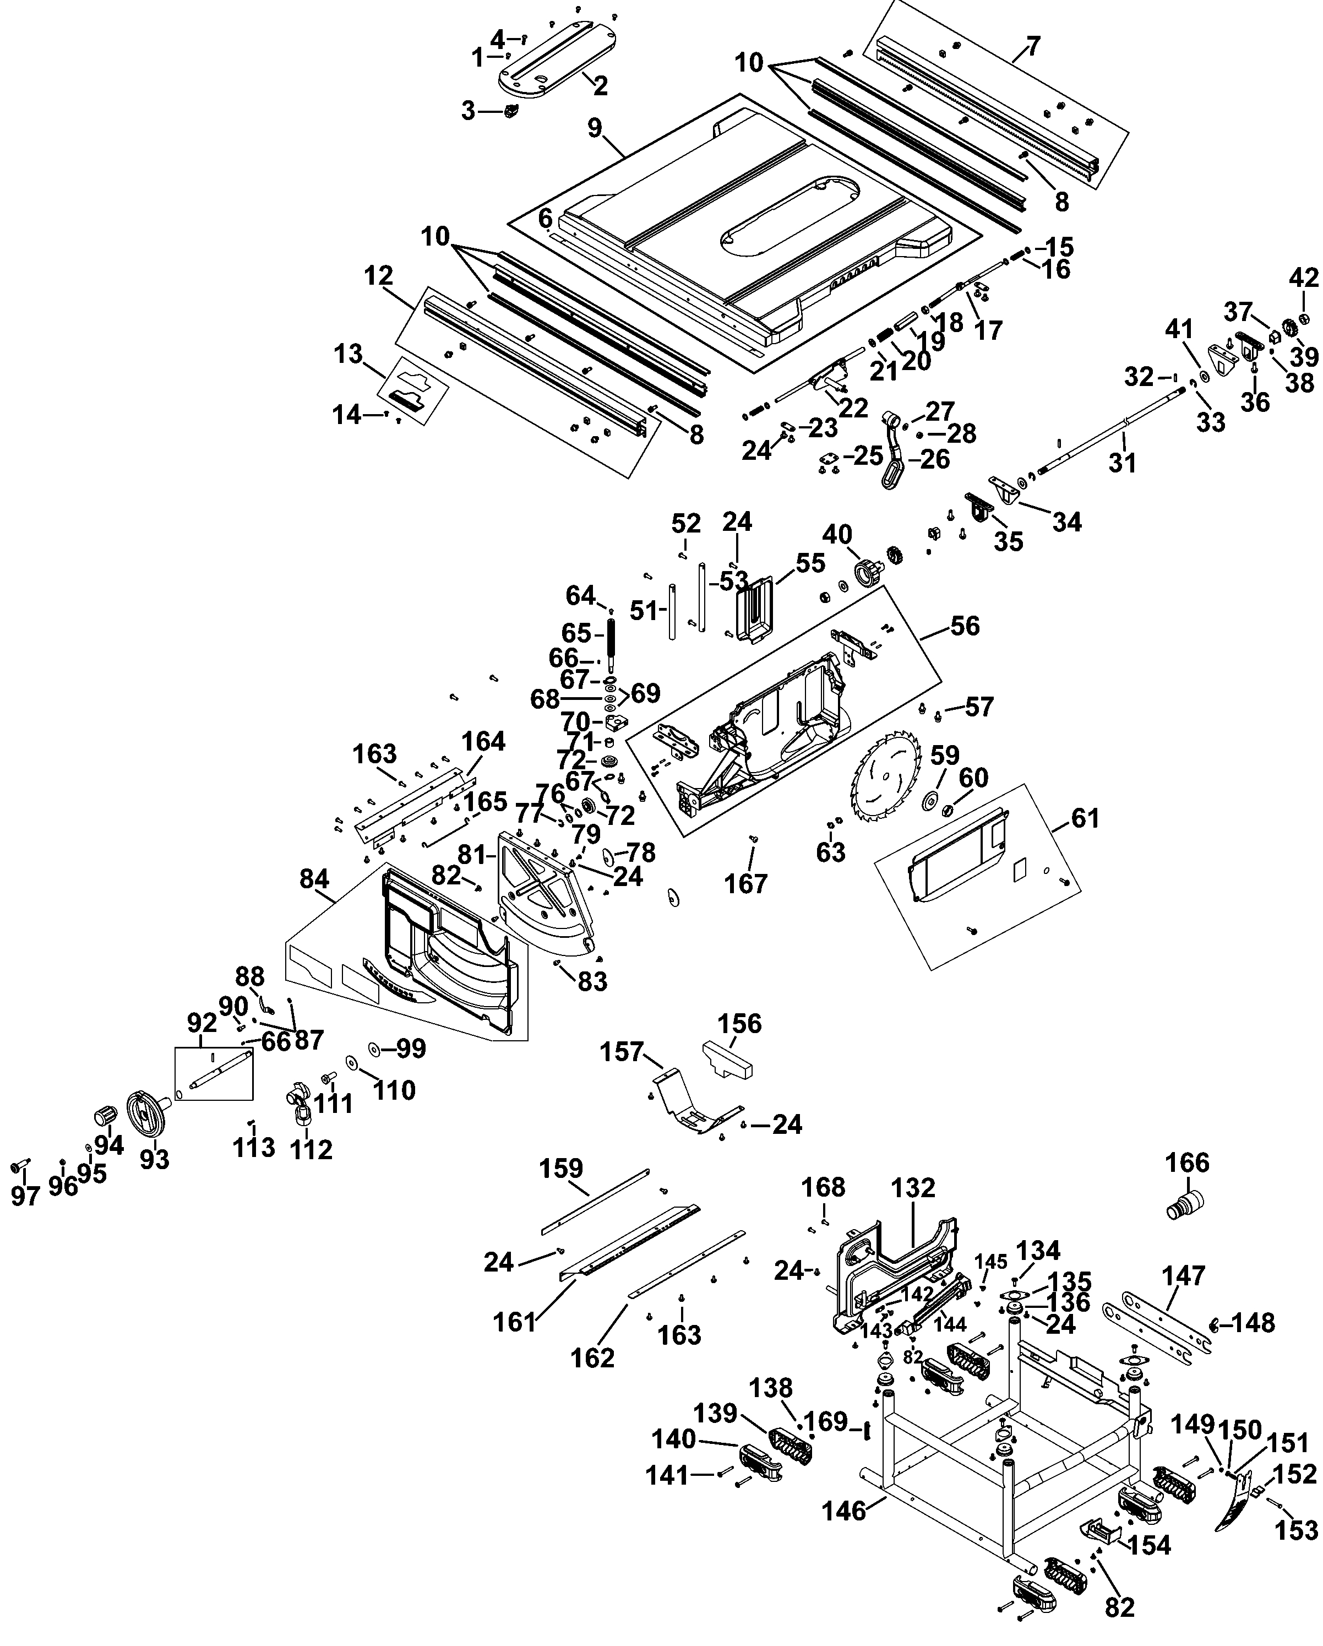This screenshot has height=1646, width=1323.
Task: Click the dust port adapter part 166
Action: [x=1185, y=1208]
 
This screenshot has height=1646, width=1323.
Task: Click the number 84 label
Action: [x=314, y=879]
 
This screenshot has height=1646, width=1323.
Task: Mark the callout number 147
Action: [x=1183, y=1275]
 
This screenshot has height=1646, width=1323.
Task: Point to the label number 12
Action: [x=379, y=275]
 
